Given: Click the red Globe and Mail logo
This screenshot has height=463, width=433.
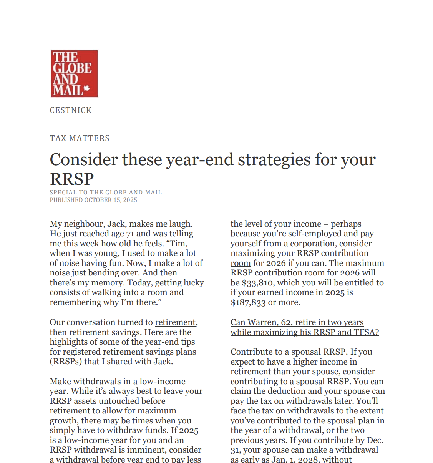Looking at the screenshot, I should click(74, 73).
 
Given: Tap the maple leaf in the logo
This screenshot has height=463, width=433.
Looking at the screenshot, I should click(87, 88).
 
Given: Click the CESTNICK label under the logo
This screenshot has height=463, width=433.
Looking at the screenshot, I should click(71, 111).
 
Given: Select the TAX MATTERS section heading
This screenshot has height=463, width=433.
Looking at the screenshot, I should click(80, 138).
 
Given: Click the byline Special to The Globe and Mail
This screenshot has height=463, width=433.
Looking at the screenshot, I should click(106, 193).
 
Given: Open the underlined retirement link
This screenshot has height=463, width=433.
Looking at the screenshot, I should click(175, 322).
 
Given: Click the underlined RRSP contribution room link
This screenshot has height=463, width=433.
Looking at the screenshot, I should click(332, 253).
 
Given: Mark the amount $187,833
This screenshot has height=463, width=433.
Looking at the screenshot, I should click(248, 302).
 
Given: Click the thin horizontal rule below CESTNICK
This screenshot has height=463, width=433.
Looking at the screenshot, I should click(78, 124).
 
